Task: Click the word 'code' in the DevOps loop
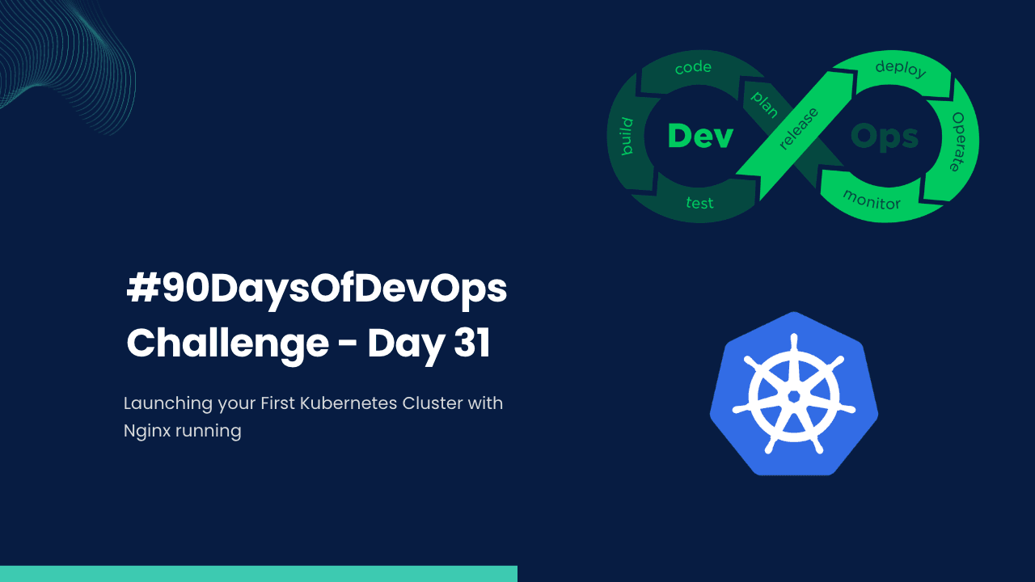694,69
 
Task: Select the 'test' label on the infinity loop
700,203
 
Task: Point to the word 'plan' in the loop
765,105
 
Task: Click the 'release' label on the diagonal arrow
799,129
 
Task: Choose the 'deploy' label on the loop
900,69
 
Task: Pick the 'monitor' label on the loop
872,199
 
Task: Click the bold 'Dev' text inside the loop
700,136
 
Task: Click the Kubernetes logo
794,394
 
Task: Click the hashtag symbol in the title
142,289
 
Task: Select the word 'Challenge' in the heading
227,344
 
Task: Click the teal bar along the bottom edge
259,573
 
